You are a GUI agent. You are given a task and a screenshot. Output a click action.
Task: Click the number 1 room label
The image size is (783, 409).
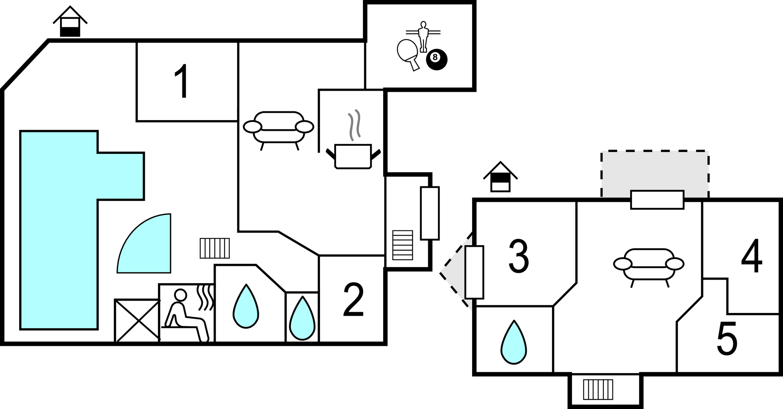181,81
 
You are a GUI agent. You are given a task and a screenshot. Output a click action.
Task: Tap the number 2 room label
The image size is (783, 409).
353,300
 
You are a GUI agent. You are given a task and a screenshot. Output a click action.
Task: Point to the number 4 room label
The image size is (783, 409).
752,256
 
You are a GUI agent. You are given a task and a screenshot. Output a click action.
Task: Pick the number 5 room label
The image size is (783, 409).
727,339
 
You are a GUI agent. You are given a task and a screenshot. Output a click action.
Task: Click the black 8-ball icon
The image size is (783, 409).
436,59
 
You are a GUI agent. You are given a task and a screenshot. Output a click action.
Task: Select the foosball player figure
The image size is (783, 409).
422,36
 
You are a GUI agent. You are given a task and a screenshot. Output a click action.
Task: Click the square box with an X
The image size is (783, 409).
137,321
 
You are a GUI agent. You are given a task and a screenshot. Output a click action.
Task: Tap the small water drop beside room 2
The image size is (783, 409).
302,319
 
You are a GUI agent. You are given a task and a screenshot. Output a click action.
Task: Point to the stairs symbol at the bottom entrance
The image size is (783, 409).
598,389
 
